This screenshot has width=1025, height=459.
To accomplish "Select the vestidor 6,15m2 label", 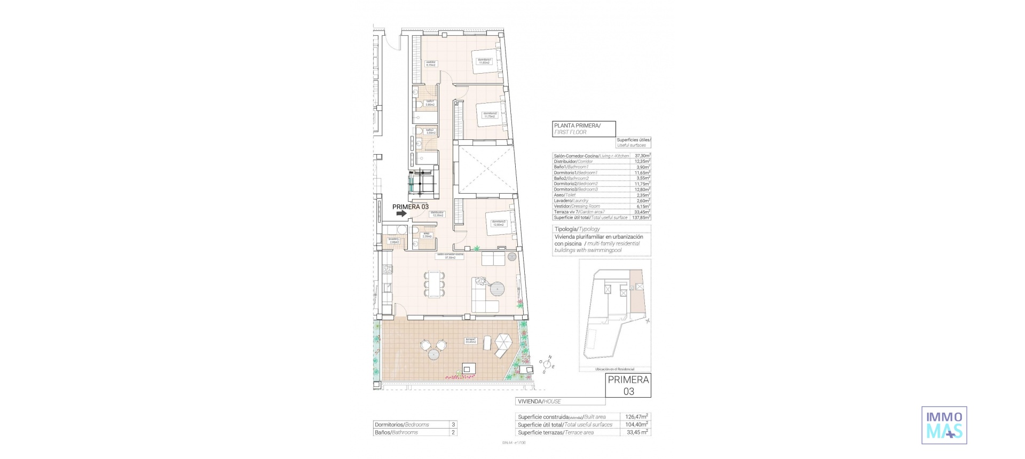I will [431, 64].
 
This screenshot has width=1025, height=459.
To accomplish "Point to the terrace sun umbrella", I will [502, 340].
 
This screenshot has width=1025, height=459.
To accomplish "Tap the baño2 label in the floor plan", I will [430, 131].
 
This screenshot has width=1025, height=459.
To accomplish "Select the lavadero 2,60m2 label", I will [393, 241].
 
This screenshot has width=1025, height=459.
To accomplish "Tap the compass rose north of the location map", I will [548, 365].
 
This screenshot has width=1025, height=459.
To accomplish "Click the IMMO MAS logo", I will [944, 425].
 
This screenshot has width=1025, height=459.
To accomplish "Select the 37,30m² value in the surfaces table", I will [641, 155].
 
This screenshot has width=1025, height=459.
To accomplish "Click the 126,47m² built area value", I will [637, 417].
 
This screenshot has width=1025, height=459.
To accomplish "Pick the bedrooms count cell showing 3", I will [453, 425].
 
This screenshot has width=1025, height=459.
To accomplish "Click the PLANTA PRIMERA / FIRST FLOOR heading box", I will [584, 129].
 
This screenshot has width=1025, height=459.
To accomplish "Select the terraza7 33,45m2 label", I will [470, 341].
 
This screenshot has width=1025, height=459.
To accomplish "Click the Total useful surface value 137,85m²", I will [641, 217].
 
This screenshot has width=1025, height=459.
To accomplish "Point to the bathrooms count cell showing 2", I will [453, 432].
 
